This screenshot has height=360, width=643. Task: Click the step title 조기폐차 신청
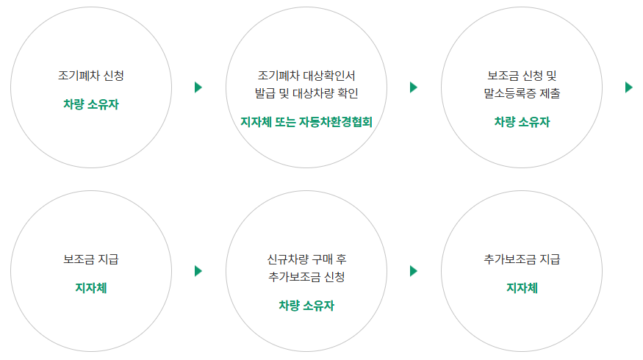pos(90,76)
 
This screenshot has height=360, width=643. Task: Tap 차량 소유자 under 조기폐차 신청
pos(90,104)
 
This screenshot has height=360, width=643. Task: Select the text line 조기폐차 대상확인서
pos(306,76)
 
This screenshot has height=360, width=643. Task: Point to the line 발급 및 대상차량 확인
pos(306,93)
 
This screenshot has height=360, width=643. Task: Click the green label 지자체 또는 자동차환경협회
pos(306,121)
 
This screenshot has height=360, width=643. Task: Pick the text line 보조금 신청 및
pos(522,76)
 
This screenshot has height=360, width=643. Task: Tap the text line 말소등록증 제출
pos(522,93)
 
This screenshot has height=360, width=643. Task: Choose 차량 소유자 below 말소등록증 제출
pos(522,121)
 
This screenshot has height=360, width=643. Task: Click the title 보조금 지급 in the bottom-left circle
pos(90,259)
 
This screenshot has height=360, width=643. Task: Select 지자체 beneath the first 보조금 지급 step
pos(90,288)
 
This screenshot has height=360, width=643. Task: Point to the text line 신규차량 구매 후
pos(306,259)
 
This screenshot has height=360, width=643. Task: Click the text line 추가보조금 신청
pos(306,277)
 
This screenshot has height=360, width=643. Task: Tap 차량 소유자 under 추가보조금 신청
pos(306,305)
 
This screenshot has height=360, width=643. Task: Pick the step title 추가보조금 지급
pos(522,259)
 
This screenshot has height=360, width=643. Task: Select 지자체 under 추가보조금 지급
pos(522,288)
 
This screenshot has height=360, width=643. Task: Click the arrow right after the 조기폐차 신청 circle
pos(198,87)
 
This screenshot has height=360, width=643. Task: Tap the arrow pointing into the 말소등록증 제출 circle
pos(413,87)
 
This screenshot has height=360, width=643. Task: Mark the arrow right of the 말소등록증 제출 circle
pos(628,87)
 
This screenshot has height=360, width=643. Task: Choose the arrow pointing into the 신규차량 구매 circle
pos(198,271)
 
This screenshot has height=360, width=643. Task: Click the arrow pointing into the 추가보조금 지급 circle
pos(413,271)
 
